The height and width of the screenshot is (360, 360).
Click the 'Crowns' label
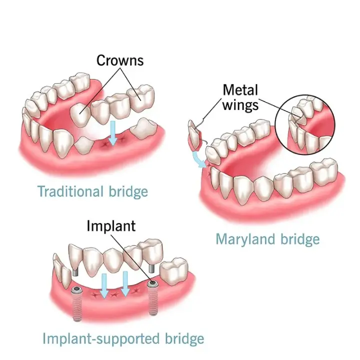[120, 60]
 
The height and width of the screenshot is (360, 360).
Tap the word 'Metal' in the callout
[240, 90]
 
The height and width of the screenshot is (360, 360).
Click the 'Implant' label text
[111, 225]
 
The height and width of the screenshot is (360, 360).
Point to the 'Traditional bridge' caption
[93, 191]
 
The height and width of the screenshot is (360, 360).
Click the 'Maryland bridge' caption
[267, 239]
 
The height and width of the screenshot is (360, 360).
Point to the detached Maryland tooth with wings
[193, 134]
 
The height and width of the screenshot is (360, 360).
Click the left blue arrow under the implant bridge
[103, 284]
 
